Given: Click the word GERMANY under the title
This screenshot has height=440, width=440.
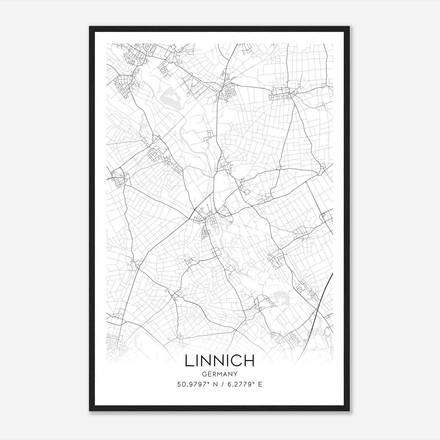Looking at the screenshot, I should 219,374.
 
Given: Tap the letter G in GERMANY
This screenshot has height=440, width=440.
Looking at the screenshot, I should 204,374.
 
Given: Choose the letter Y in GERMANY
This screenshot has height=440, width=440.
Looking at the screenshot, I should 235,374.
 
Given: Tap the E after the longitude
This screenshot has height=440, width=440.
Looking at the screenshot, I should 260,384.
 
